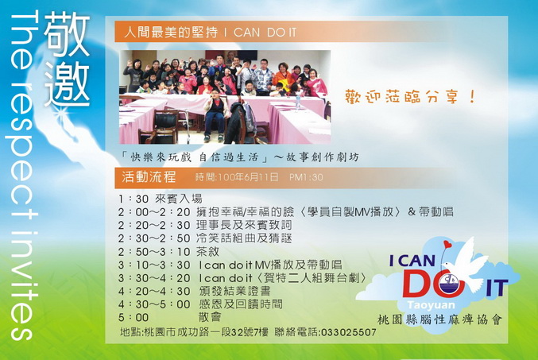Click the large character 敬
coord(67,34)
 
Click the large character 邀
coord(67,83)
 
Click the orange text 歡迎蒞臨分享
coord(410,96)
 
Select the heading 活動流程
coord(149,176)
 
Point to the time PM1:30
coord(306,177)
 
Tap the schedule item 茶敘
coord(207,252)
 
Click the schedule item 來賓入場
coord(179,199)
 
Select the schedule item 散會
coord(210,317)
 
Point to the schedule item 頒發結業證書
coord(234,291)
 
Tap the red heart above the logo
coord(447,245)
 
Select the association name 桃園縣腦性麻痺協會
coord(439,319)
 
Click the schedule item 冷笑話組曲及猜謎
coord(244,238)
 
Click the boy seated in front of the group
coord(216,115)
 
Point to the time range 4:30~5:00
coord(154,304)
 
